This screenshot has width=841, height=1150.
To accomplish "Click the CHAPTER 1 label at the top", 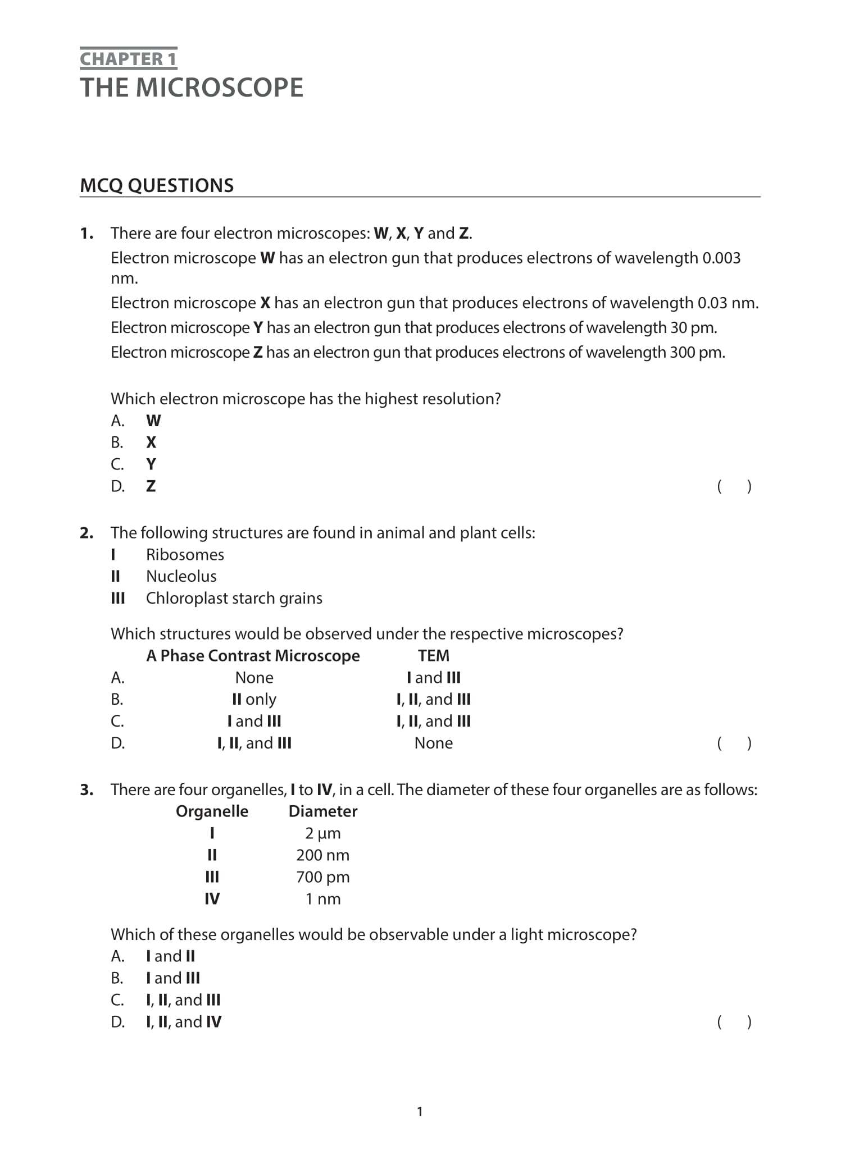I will [x=128, y=59].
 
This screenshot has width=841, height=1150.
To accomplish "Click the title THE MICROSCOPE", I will [x=192, y=88].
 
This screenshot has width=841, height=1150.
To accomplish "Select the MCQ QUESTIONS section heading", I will [x=157, y=186].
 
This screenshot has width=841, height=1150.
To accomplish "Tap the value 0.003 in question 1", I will [x=721, y=258].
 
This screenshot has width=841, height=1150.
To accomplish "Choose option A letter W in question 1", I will [x=153, y=421].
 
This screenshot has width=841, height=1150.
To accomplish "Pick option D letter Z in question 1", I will [x=151, y=486].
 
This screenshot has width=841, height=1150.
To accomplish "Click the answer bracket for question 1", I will [x=734, y=486].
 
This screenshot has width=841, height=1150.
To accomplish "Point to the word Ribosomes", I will [x=185, y=555].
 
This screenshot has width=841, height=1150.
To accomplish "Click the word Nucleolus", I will [x=181, y=577].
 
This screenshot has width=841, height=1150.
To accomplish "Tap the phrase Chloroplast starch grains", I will [x=234, y=599].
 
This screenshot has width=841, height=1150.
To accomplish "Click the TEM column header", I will [x=433, y=656].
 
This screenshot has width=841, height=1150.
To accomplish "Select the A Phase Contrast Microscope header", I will [x=253, y=656].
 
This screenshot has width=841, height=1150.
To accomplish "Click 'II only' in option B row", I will [x=254, y=700].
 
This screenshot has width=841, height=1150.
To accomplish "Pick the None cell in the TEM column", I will [x=433, y=743].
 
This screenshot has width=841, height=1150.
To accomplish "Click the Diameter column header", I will [x=322, y=811].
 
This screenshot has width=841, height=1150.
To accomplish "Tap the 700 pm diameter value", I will [x=322, y=877].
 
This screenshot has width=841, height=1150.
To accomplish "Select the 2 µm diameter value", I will [x=322, y=833].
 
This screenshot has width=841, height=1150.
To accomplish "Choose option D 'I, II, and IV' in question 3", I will [x=184, y=1022].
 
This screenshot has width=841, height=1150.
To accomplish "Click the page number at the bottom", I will [x=420, y=1111].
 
